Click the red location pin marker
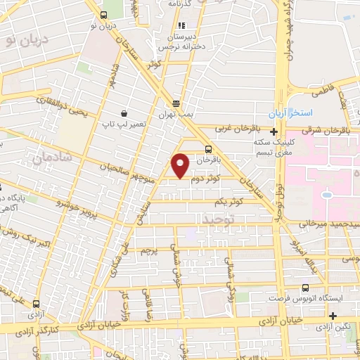181,165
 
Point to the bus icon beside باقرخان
207,149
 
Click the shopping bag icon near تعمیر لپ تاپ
124,113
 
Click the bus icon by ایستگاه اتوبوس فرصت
304,288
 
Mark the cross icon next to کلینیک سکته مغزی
274,131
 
